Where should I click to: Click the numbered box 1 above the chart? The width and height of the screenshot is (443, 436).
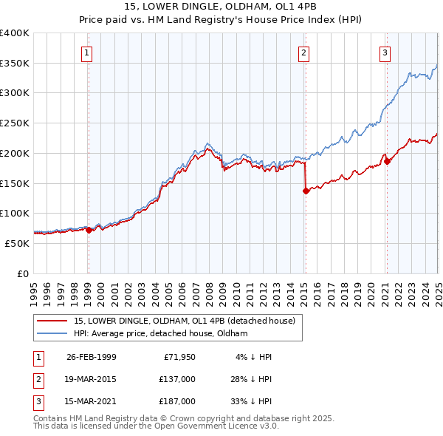point(87,52)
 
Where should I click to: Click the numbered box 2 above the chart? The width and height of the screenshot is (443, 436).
point(304,52)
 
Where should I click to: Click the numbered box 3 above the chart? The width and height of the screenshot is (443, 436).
point(385,52)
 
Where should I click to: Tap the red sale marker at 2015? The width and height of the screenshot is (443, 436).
point(306,191)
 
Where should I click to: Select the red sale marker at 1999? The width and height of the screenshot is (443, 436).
point(89,230)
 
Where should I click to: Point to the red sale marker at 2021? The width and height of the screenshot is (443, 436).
point(386,161)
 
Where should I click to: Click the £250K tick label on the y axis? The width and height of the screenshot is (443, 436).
point(15,123)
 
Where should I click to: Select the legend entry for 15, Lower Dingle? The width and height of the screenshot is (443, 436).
point(184,321)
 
